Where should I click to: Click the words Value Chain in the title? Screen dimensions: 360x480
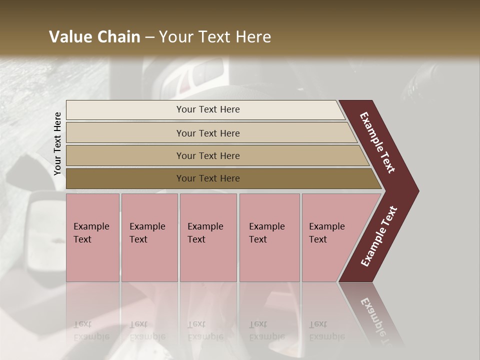coord(94,37)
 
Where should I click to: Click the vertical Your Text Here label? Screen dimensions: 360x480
coord(58,143)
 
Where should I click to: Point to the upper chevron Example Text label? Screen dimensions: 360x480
coord(378,142)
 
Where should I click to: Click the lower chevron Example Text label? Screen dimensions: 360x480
coord(379,236)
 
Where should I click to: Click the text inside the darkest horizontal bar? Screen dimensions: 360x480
coord(208,178)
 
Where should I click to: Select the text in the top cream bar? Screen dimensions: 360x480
coord(208,109)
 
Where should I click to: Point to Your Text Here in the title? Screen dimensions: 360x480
coord(215,37)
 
